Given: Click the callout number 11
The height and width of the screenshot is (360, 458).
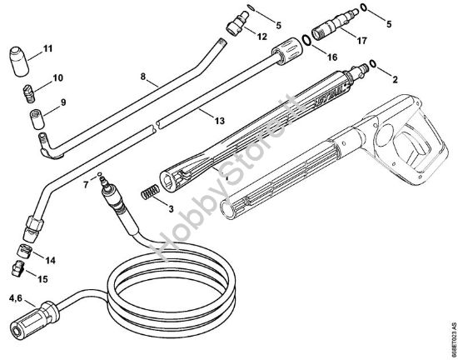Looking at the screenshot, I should [47, 47].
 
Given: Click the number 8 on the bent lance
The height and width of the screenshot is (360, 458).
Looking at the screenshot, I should [144, 77].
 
